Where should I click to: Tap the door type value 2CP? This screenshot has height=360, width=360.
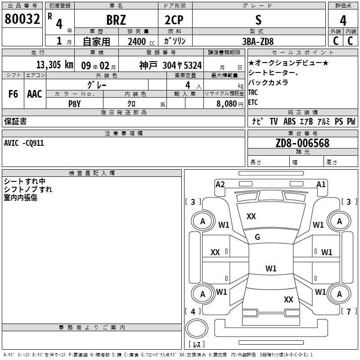(175, 19)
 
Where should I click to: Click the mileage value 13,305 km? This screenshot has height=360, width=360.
(54, 65)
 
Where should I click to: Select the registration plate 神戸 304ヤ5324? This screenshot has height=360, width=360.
(170, 65)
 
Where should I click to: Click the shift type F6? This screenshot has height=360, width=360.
(13, 94)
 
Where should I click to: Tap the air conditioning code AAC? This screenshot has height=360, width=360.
(35, 94)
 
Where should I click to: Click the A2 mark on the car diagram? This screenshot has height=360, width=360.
(220, 184)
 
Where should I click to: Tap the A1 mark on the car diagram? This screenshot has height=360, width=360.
(321, 184)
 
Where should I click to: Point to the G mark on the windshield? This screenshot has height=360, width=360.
(257, 237)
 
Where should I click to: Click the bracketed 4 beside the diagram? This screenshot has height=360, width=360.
(193, 311)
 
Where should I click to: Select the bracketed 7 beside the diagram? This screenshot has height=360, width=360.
(348, 311)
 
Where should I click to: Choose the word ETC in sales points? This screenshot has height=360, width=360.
(253, 102)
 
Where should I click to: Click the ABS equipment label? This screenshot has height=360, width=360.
(289, 121)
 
